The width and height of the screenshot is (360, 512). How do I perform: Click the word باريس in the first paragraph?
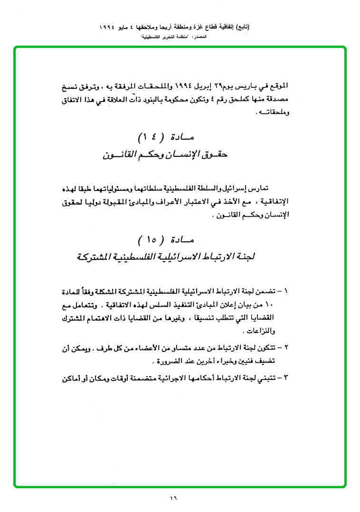(x=259, y=87)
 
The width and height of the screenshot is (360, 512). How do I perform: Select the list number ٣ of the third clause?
(x=292, y=378)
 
